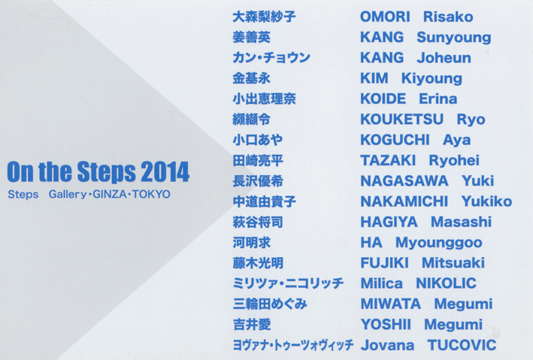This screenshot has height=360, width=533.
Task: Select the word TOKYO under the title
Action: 151,194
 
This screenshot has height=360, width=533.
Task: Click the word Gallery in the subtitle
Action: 68,195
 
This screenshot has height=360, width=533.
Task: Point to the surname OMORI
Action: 385,17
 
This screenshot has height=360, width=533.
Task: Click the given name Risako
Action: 448,17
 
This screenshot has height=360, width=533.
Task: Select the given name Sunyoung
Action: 454,38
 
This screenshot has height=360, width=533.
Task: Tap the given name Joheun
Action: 444,58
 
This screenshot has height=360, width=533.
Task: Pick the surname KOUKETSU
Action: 401,119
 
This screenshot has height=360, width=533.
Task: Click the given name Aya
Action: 456,141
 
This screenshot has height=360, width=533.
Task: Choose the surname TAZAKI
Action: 388,160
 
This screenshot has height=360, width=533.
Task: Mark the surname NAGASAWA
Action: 404,181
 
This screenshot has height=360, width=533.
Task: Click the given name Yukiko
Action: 487,201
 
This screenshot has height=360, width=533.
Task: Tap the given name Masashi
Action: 462,222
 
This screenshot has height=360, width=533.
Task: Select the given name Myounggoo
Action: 439,243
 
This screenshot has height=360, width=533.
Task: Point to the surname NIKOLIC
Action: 446,283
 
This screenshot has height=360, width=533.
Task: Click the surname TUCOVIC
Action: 462,345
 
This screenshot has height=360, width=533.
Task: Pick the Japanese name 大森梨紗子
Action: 264,17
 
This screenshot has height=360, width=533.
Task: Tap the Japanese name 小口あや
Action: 258,140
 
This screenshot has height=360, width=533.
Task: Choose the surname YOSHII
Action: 386,325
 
